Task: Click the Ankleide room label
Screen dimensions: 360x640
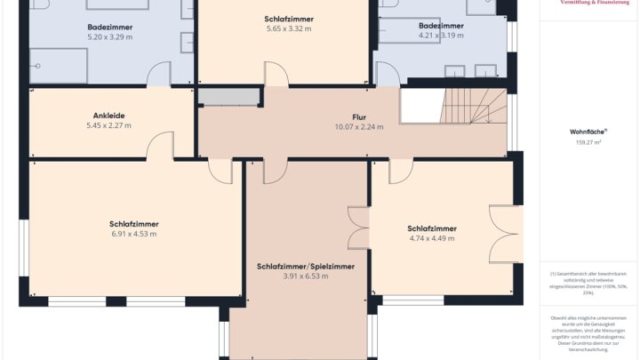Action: (x=108, y=115)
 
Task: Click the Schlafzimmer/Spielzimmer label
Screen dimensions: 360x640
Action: (x=306, y=266)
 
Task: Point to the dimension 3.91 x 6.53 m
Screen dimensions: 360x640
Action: (x=306, y=276)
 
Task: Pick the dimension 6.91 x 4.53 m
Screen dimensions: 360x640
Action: (x=133, y=234)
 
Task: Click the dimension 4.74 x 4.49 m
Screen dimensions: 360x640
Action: (x=432, y=238)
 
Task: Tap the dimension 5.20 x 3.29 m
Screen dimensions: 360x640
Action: (x=111, y=37)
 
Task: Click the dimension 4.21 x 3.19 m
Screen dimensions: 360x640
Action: (x=441, y=36)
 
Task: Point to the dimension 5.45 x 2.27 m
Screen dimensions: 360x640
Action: (x=108, y=125)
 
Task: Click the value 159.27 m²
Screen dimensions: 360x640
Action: (x=588, y=141)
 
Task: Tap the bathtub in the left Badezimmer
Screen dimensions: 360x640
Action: (x=59, y=66)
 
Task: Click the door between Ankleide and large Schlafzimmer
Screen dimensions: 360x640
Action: (x=161, y=148)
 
